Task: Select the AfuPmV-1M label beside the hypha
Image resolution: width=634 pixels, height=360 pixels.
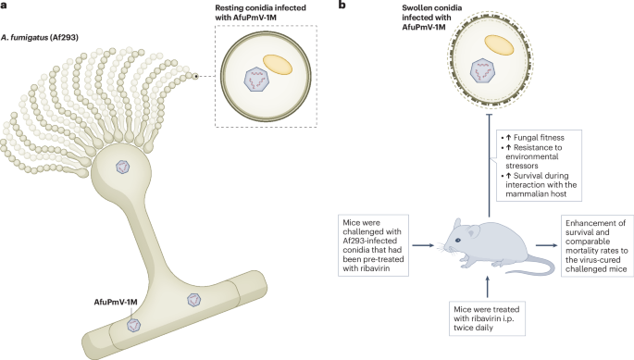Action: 90,303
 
